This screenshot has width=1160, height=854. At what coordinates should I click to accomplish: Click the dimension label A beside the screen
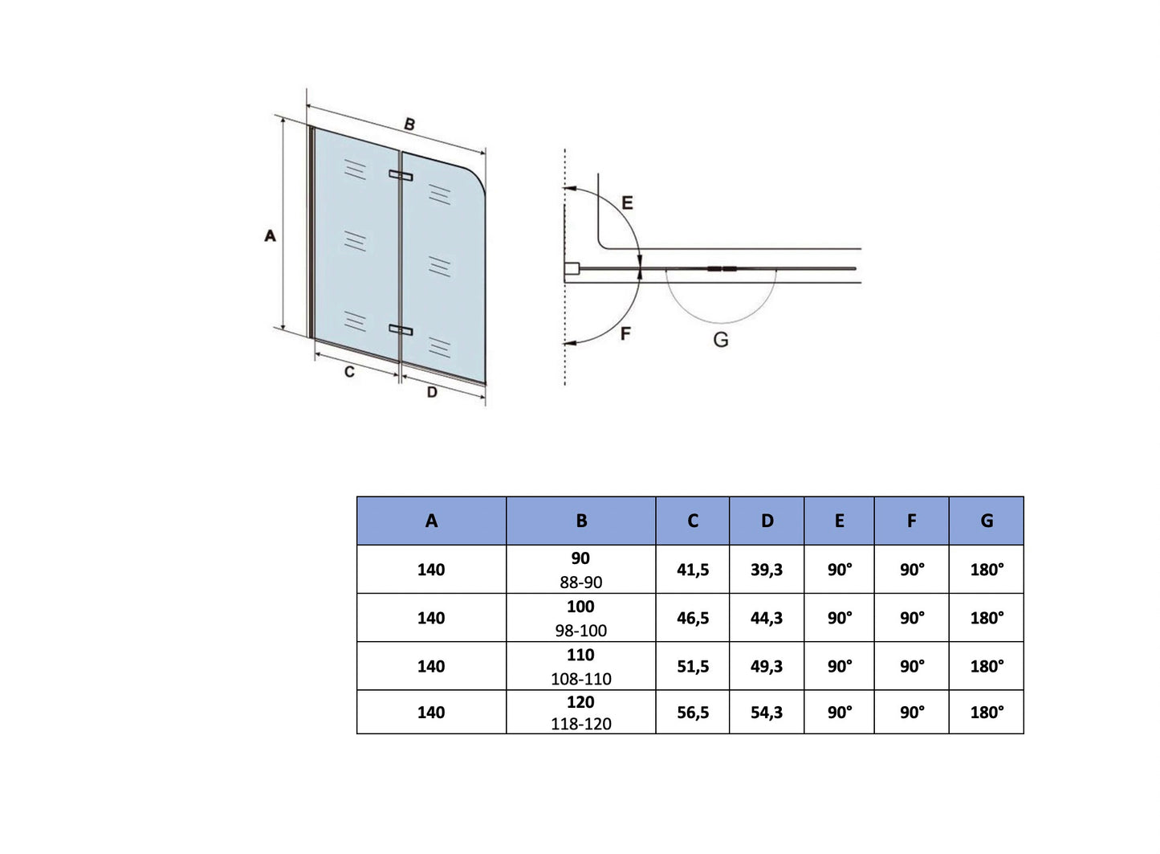point(271,235)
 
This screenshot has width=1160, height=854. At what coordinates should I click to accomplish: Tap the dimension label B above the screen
point(409,125)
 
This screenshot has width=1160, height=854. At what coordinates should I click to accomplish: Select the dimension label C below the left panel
point(349,372)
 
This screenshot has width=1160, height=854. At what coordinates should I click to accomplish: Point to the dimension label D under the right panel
point(432,392)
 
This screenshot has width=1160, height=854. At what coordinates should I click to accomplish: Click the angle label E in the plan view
point(627,202)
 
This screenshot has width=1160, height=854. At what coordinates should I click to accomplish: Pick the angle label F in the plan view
point(625,333)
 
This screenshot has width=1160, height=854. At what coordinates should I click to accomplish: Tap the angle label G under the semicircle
point(721,340)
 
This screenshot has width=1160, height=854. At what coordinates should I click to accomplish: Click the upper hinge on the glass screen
point(401,175)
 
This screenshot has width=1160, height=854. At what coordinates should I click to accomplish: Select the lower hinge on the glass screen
point(401,329)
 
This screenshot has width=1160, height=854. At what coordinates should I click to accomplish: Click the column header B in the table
point(581,521)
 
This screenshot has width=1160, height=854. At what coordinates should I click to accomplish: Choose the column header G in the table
point(987,521)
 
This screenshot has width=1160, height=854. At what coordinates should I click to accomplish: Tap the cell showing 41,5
point(693,570)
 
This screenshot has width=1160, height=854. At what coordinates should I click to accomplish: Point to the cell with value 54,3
point(767,712)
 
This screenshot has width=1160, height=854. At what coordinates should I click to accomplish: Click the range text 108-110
point(581,679)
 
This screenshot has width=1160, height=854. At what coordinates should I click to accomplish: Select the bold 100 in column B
point(580,607)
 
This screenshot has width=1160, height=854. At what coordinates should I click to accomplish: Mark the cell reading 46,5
point(693,618)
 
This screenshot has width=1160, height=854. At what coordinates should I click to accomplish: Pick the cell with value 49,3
point(767,666)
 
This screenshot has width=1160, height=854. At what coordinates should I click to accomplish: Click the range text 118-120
point(581,724)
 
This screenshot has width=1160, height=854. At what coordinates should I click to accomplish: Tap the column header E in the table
point(840,521)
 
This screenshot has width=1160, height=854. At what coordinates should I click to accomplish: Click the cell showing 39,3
point(767,570)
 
